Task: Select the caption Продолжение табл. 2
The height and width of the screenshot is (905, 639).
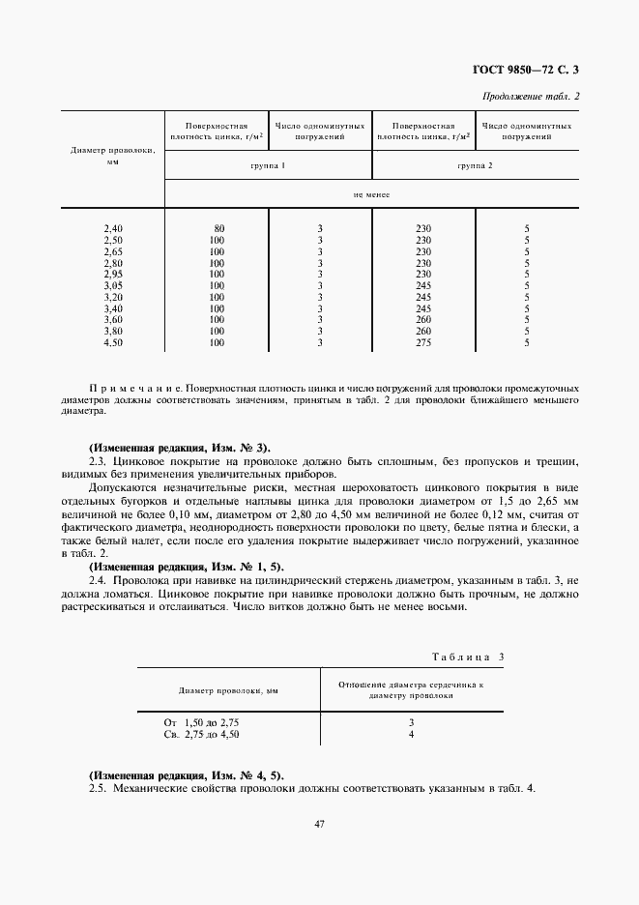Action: [531, 96]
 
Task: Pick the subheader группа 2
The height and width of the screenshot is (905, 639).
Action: [476, 166]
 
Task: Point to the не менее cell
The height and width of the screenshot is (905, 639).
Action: [371, 194]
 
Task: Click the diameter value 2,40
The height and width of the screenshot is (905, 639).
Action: [113, 229]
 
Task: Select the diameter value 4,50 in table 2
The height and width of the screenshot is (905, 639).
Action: [113, 343]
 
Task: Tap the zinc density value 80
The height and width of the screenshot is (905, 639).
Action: [218, 229]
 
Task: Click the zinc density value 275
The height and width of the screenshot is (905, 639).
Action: [422, 343]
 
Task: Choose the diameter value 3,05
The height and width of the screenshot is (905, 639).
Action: [113, 286]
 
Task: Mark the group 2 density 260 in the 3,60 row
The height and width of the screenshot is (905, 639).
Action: [422, 320]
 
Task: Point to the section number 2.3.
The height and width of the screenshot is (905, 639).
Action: [96, 461]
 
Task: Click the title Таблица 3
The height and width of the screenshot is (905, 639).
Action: [468, 657]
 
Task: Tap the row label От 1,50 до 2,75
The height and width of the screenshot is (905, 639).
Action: [202, 722]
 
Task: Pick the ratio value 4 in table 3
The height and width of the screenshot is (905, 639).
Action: [411, 735]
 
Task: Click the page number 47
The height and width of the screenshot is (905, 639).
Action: [319, 824]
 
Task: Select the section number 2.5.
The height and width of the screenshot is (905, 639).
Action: [96, 789]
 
